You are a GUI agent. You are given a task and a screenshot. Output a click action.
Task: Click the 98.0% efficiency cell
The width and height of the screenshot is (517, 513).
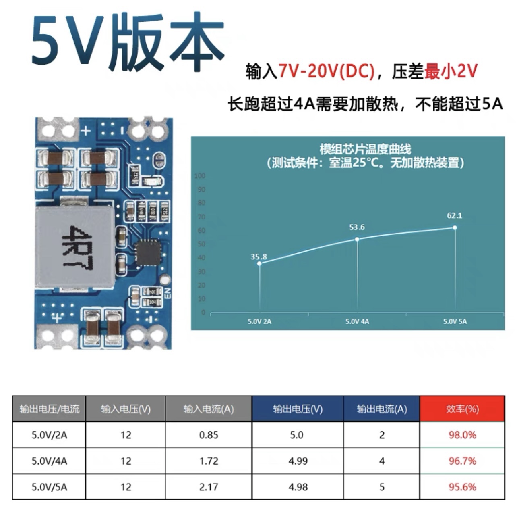[462, 435]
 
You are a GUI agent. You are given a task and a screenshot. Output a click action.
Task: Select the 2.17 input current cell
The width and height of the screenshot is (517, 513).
[209, 487]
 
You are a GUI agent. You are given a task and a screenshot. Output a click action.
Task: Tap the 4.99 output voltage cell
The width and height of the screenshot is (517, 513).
[298, 461]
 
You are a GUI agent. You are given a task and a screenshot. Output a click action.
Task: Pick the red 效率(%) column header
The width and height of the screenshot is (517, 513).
[462, 409]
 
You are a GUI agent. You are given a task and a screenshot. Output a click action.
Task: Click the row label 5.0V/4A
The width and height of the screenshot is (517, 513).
[49, 461]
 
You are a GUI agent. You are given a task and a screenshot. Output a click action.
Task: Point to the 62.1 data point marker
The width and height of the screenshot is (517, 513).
[455, 227]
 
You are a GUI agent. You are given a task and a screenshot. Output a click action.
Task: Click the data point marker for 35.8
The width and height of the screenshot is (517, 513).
[259, 263]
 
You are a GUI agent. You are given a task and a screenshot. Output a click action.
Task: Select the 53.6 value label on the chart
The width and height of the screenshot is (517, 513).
[357, 227]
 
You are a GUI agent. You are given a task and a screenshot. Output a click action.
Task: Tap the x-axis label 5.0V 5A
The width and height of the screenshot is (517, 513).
[455, 321]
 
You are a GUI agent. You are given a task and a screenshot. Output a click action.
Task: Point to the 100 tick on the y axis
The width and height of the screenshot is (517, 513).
[200, 176]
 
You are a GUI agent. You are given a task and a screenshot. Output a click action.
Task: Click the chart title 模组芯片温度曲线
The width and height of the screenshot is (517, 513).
[365, 149]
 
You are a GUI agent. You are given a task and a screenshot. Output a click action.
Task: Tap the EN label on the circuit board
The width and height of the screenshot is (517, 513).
[168, 293]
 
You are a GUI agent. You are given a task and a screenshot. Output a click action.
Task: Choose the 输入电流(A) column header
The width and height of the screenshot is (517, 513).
[209, 409]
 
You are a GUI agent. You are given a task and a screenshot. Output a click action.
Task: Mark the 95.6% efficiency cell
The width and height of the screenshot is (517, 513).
[462, 487]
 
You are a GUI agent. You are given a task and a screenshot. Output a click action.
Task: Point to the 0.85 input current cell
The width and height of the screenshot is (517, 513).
[209, 435]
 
